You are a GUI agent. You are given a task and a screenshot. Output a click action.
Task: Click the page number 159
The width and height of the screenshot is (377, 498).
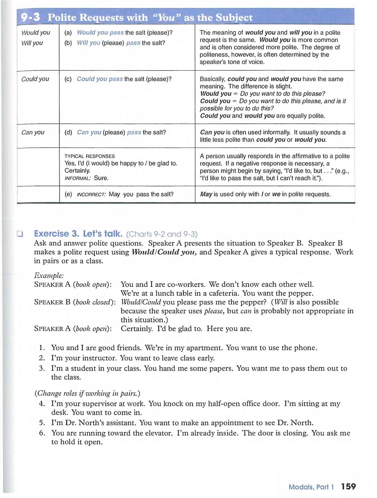click(348, 486)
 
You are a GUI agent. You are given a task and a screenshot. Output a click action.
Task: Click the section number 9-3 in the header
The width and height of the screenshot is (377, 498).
click(30, 17)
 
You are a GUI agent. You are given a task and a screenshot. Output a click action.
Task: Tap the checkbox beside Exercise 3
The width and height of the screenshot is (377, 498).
click(20, 234)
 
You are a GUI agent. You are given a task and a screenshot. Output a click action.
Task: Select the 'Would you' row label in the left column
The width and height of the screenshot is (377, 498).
click(36, 33)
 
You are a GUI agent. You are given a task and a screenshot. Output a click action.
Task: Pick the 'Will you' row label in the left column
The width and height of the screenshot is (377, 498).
click(32, 43)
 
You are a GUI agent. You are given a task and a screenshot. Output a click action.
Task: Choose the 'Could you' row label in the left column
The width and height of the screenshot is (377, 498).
click(35, 79)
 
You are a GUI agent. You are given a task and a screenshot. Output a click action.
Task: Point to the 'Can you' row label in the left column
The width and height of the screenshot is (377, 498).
click(33, 133)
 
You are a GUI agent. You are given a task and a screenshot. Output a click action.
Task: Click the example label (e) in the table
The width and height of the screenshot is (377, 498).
click(68, 194)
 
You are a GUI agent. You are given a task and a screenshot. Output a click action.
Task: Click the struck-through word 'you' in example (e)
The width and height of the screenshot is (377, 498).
click(128, 194)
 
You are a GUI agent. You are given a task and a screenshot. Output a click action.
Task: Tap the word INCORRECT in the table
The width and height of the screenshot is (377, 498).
click(91, 194)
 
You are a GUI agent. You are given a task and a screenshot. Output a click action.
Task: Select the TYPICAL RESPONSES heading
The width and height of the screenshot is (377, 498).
click(89, 156)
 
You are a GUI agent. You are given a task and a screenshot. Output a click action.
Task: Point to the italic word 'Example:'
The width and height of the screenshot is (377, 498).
click(49, 276)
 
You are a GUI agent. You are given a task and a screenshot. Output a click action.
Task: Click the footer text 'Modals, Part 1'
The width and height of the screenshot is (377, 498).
click(311, 487)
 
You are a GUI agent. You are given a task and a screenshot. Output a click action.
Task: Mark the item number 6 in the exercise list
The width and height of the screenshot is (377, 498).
click(42, 433)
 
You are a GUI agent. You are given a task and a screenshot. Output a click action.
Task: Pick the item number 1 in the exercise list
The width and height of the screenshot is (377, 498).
click(42, 348)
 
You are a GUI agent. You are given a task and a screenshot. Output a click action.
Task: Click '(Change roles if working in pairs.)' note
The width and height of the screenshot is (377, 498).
click(87, 393)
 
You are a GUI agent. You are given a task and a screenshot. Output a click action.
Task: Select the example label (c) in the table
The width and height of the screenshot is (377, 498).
click(68, 79)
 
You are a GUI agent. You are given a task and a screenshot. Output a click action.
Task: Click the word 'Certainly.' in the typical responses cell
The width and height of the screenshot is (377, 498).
click(78, 171)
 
